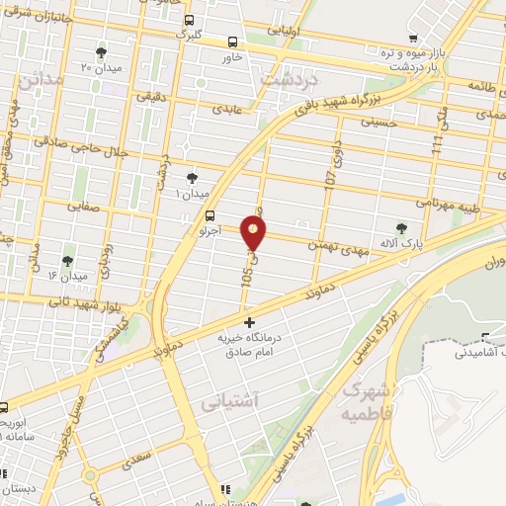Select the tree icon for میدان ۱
click(x=193, y=178)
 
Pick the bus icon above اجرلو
click(x=210, y=216)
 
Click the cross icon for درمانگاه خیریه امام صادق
click(x=250, y=321)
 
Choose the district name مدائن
click(x=41, y=77)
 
